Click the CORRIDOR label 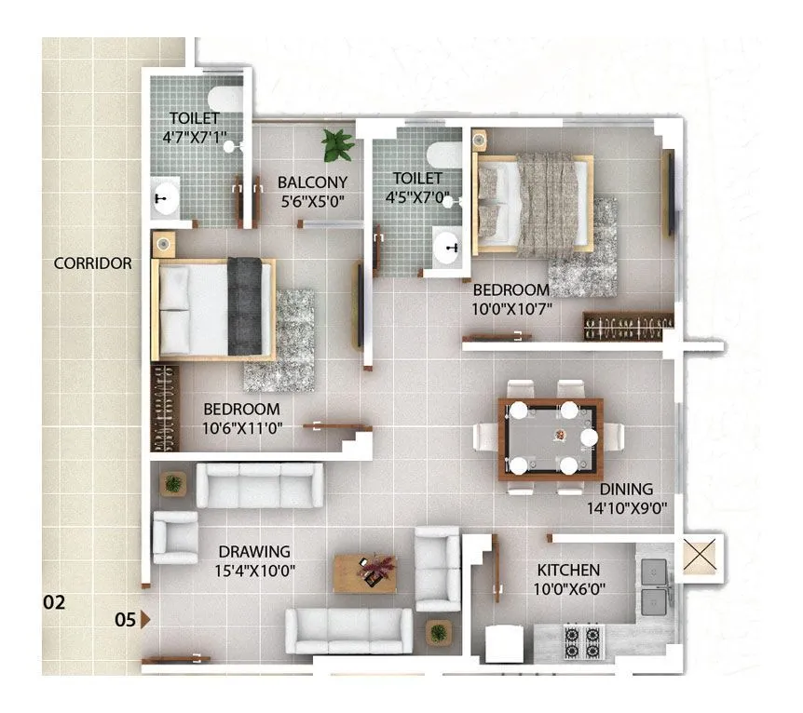92,263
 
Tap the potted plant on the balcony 336,144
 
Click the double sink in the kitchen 655,585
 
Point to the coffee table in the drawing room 365,572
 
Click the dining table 550,438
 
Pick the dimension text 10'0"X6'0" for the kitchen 567,588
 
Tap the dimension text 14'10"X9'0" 625,507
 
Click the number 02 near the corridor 55,602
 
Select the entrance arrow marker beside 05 144,618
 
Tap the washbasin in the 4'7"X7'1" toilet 166,197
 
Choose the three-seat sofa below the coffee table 348,631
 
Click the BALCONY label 312,182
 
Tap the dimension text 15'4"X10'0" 255,570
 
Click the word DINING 625,489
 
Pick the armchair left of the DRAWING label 174,537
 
